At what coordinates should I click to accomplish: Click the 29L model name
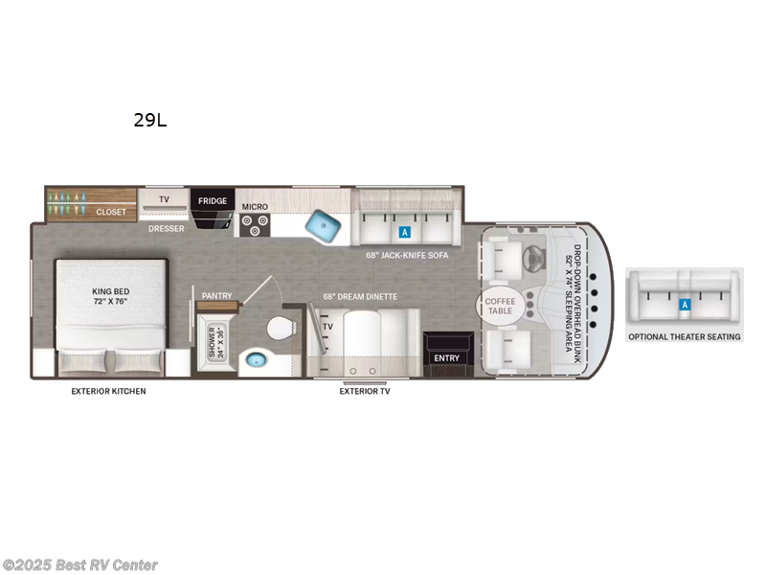pos(151,121)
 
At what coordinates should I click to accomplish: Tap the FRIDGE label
pos(214,200)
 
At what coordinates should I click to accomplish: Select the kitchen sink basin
pos(324,227)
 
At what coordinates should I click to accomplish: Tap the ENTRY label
pos(446,358)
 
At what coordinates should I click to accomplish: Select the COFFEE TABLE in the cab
pos(501,307)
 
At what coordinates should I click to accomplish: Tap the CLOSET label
pos(111,212)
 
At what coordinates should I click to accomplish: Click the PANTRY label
pos(217,296)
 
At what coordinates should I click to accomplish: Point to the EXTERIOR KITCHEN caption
pos(109,392)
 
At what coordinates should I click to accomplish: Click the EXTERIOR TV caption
pos(365,391)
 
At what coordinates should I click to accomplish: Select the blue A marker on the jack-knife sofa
pos(404,232)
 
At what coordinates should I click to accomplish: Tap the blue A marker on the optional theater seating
pos(685,305)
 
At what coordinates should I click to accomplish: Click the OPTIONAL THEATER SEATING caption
pos(685,337)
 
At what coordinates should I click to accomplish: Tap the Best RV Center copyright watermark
pos(81,565)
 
